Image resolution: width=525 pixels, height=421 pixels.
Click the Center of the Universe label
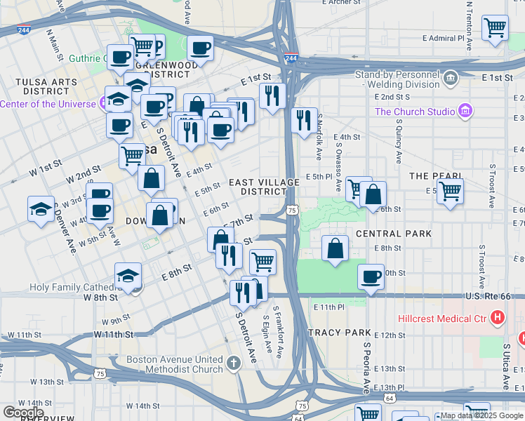[x=48, y=104]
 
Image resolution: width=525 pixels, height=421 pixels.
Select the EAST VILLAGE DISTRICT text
[x=264, y=187]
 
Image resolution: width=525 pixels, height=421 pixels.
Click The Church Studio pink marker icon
[x=464, y=111]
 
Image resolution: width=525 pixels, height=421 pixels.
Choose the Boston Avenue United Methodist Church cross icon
[x=234, y=363]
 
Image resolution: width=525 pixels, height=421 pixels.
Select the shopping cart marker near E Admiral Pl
[x=496, y=29]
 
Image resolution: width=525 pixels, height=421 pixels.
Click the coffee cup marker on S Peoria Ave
[x=371, y=276]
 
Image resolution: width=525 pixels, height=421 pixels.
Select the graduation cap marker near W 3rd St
[x=41, y=209]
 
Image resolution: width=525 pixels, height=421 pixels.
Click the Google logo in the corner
[x=22, y=412]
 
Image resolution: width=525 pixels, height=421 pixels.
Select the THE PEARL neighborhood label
[x=436, y=175]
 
